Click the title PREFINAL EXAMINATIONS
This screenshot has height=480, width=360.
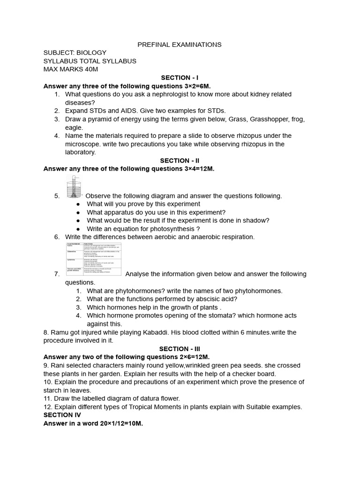point(180,45)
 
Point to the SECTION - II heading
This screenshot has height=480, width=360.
point(180,160)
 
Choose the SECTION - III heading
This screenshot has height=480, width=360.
point(180,349)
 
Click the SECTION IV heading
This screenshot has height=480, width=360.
point(62,415)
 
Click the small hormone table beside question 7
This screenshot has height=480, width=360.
point(94,258)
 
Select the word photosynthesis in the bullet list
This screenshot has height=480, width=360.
point(171,229)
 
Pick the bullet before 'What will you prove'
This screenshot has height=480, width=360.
point(78,204)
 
